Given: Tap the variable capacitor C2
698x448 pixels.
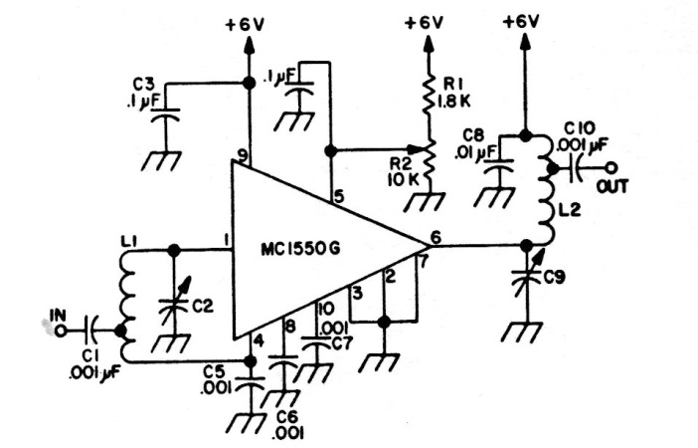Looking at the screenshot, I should click(174, 296).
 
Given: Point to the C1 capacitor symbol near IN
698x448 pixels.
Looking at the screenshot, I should click(90, 326).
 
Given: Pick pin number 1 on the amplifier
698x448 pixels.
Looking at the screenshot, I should click(227, 240).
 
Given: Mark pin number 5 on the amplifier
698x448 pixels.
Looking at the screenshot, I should click(339, 197).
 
